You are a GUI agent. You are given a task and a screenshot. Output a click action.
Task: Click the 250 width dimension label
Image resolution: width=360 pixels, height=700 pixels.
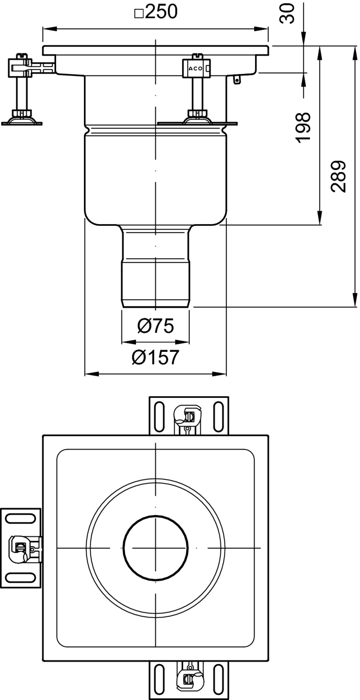coord(161,12)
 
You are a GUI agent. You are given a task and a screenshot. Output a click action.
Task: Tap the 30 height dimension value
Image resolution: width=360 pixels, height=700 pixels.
coord(287,14)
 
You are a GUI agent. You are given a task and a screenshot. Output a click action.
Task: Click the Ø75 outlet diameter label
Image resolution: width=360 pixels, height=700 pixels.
coord(156,326)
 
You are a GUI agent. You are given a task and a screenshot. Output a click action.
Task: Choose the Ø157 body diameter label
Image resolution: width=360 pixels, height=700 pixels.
coord(156,357)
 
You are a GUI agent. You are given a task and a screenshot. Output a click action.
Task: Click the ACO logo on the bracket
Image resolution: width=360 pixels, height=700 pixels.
coord(195,69)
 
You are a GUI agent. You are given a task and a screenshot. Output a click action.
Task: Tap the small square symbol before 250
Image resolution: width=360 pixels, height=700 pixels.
coord(139,14)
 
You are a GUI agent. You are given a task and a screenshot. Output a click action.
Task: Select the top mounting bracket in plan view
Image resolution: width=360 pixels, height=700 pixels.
coord(189,416)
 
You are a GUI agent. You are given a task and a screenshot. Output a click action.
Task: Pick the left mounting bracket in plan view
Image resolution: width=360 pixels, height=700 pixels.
coord(21,548)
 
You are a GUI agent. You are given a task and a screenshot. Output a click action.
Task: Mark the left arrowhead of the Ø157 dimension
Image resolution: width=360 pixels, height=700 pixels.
coord(92,374)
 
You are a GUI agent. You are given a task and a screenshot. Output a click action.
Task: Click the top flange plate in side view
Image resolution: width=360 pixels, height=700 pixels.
coord(156,50)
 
